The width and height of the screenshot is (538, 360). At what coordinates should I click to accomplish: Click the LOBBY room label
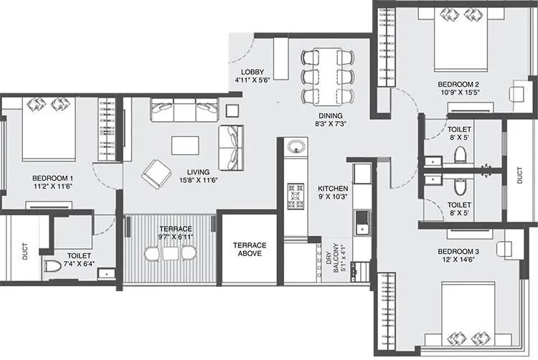click(x=253, y=72)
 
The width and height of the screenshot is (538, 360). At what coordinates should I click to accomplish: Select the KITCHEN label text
click(x=332, y=189)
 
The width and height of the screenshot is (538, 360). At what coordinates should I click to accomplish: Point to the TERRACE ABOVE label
click(x=249, y=250)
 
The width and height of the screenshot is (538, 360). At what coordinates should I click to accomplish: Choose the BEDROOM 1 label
click(x=52, y=178)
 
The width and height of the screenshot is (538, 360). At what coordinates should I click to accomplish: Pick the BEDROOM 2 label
click(x=458, y=84)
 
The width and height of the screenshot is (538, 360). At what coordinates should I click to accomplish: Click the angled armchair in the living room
click(x=156, y=172)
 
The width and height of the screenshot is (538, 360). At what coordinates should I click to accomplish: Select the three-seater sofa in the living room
click(x=184, y=110)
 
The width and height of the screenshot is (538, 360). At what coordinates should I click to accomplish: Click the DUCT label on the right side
click(x=520, y=176)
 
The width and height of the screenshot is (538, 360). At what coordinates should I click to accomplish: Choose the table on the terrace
click(x=169, y=252)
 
